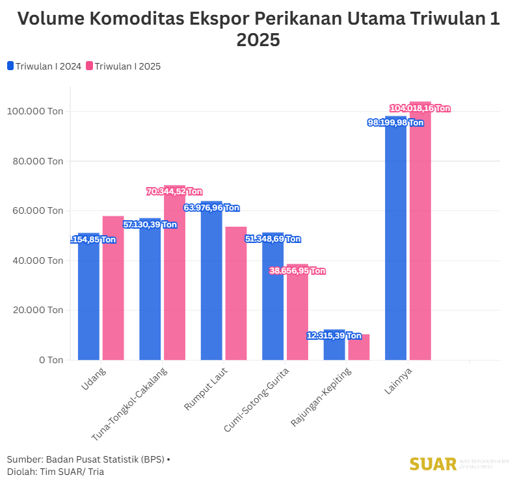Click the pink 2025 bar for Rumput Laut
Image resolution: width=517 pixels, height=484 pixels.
tap(236, 293)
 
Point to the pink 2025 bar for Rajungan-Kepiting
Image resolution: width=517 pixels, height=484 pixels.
tap(359, 347)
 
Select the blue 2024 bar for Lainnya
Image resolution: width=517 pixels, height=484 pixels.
tap(395, 240)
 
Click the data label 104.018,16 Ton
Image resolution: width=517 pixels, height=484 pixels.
tap(419, 108)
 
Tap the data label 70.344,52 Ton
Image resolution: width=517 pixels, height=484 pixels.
tap(174, 192)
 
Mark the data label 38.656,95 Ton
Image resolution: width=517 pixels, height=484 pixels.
tap(297, 271)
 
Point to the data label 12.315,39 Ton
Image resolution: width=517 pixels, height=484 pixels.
tap(334, 336)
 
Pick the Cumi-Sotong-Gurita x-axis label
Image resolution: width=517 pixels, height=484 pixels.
tap(257, 398)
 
